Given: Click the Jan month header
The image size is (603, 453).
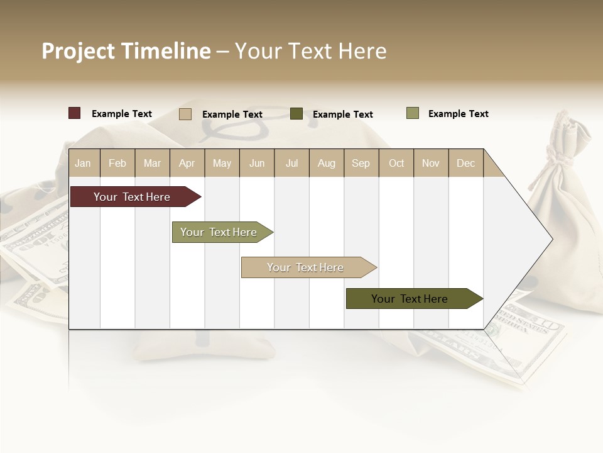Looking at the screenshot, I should [x=84, y=163].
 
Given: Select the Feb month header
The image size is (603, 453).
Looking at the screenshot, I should [x=117, y=163].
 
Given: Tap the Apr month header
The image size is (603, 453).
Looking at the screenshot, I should [x=187, y=163].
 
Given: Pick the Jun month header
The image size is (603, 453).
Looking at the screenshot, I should [x=257, y=163].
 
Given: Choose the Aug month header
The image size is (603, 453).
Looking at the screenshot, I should [x=327, y=163].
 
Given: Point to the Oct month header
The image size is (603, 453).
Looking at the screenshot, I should [x=396, y=163].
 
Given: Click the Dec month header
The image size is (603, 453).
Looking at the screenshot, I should [x=466, y=163].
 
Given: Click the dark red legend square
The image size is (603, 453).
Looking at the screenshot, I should [x=75, y=113].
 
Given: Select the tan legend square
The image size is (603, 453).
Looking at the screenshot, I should [x=185, y=114].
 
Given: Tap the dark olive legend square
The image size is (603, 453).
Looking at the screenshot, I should [x=296, y=114].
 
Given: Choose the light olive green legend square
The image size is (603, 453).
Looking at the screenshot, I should [x=413, y=113].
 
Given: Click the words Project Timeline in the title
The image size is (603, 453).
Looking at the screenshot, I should [x=126, y=51].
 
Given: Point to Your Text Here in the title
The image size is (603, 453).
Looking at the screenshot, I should [x=310, y=51].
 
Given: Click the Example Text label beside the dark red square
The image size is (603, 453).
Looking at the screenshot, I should [x=122, y=114].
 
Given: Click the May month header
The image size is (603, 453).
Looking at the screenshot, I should [x=222, y=163].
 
